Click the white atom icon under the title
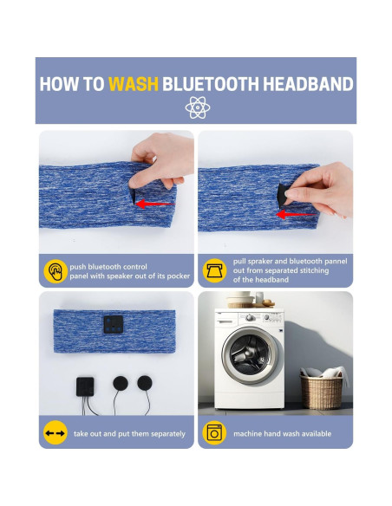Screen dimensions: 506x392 196,107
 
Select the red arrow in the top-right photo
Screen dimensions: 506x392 298,211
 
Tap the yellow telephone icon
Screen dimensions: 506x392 215,271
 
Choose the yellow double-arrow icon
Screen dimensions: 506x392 56,432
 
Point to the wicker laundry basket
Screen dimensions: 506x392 322,391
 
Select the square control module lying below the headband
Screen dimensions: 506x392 84,386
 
